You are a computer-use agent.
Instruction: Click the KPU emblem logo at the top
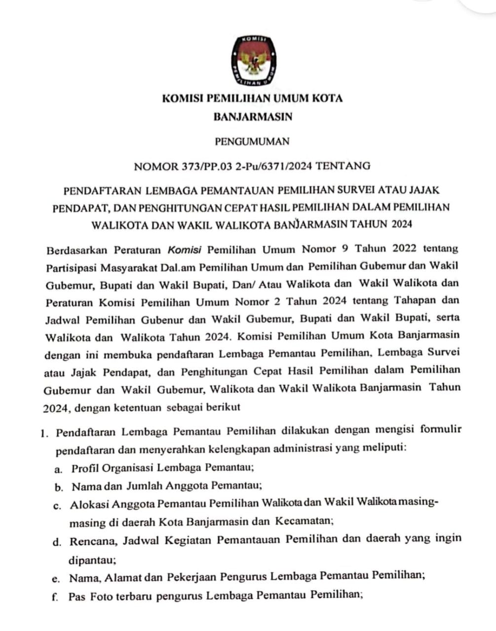pos(253,60)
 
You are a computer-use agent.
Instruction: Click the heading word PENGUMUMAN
pos(252,141)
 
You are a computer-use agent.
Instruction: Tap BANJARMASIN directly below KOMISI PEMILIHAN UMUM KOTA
pos(253,117)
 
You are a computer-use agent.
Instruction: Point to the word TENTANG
pos(343,166)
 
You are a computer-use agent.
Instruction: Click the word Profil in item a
pos(85,467)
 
